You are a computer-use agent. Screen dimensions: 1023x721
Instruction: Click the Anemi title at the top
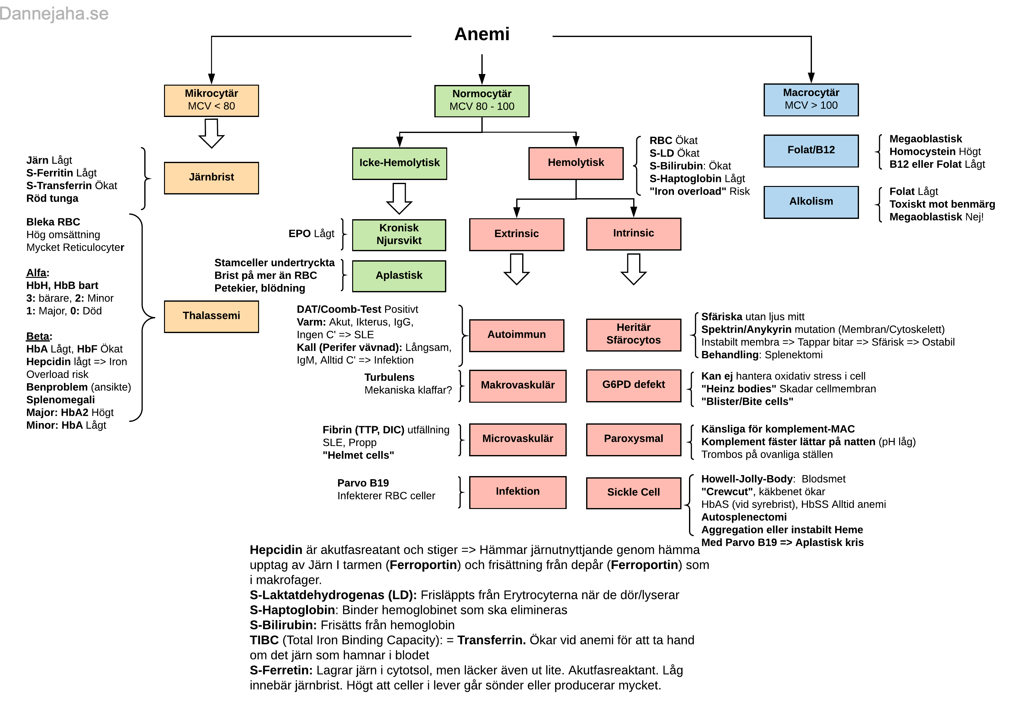click(482, 34)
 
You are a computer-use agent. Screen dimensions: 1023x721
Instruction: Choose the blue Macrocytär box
click(811, 100)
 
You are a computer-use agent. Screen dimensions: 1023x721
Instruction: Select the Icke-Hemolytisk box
click(399, 163)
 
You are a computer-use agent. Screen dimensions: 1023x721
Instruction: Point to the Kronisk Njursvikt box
click(399, 235)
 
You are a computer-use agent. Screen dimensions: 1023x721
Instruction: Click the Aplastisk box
click(399, 276)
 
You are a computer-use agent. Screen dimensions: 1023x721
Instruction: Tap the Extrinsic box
click(517, 234)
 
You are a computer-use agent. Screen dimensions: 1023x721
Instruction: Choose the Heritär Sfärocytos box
click(633, 335)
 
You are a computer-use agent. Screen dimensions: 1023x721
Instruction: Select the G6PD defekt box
click(633, 385)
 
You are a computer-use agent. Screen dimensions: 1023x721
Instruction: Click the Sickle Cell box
click(633, 493)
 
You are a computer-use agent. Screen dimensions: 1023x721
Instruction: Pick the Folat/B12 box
click(811, 151)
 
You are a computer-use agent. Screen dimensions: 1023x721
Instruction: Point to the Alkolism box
click(811, 202)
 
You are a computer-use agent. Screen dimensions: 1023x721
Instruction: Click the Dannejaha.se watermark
click(54, 14)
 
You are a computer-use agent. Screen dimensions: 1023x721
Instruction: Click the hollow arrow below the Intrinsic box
click(633, 269)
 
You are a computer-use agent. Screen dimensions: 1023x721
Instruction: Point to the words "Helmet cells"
click(358, 455)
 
